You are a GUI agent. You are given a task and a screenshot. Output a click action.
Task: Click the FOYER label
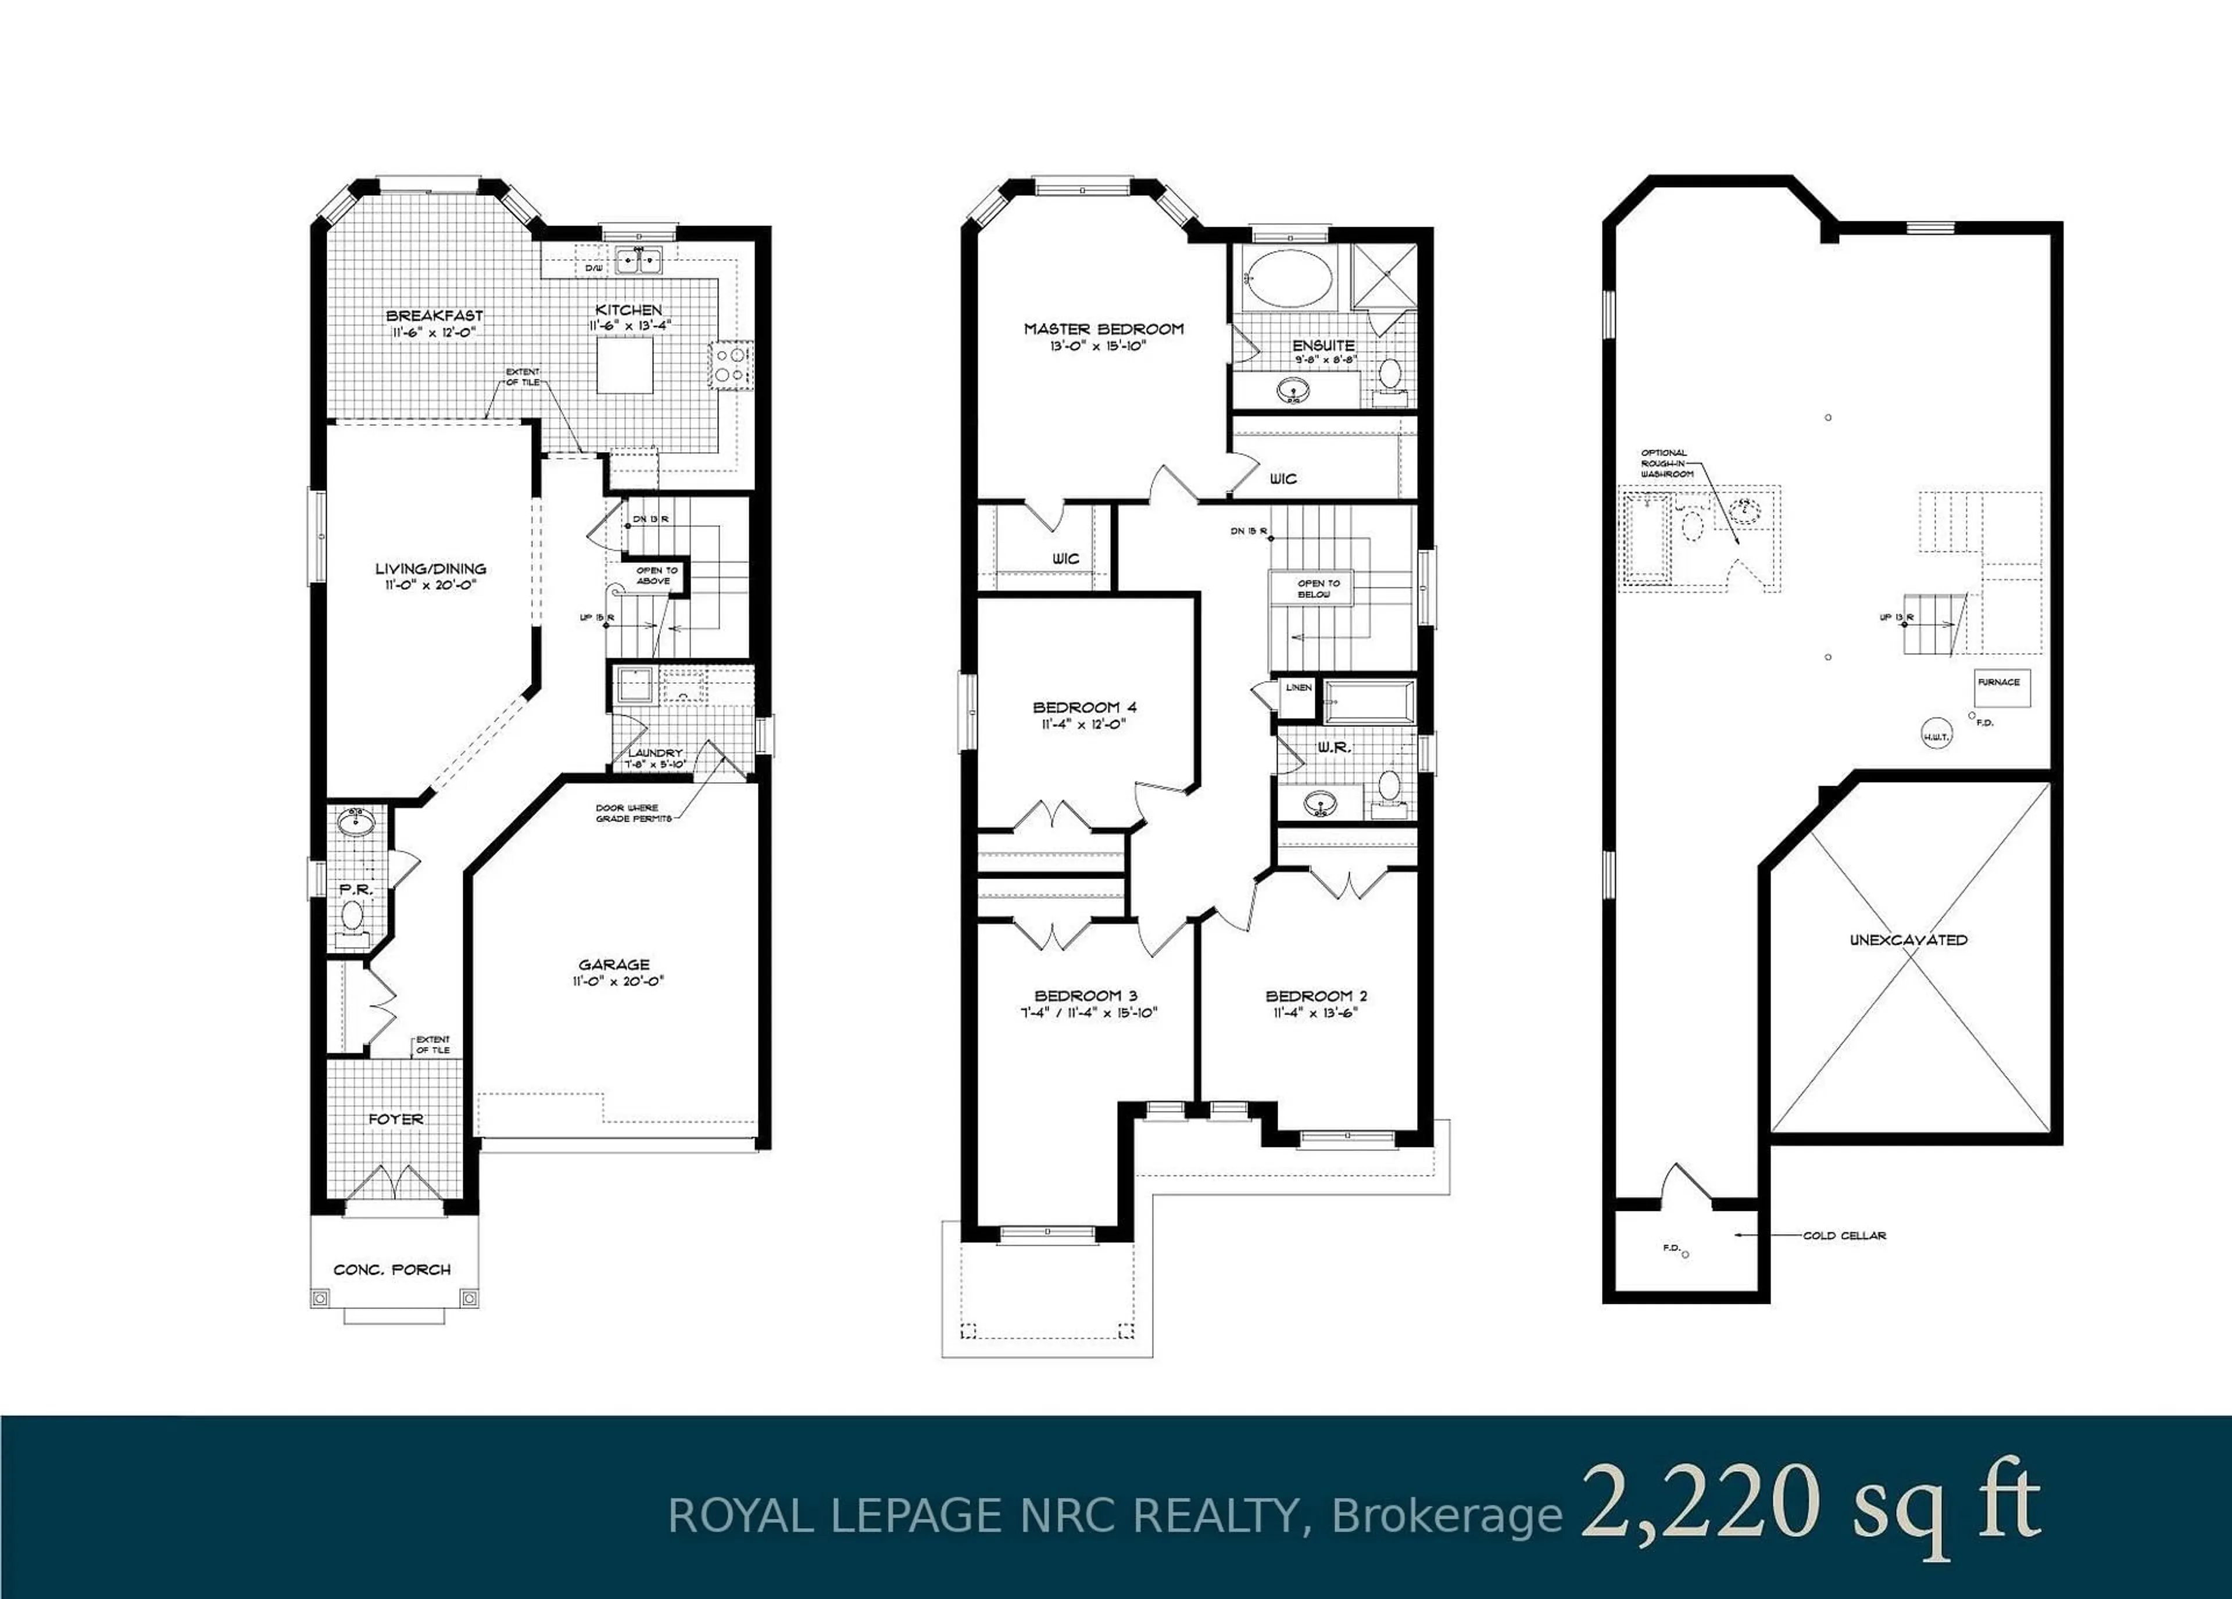click(396, 1119)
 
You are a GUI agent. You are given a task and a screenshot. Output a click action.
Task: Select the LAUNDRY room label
click(654, 753)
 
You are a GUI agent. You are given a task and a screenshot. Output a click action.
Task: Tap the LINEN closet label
click(1298, 687)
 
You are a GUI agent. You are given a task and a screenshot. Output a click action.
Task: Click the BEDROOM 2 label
click(1316, 996)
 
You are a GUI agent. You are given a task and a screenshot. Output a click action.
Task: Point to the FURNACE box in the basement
click(1999, 682)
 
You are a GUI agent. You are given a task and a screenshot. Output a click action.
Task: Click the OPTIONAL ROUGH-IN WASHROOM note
click(1667, 464)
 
